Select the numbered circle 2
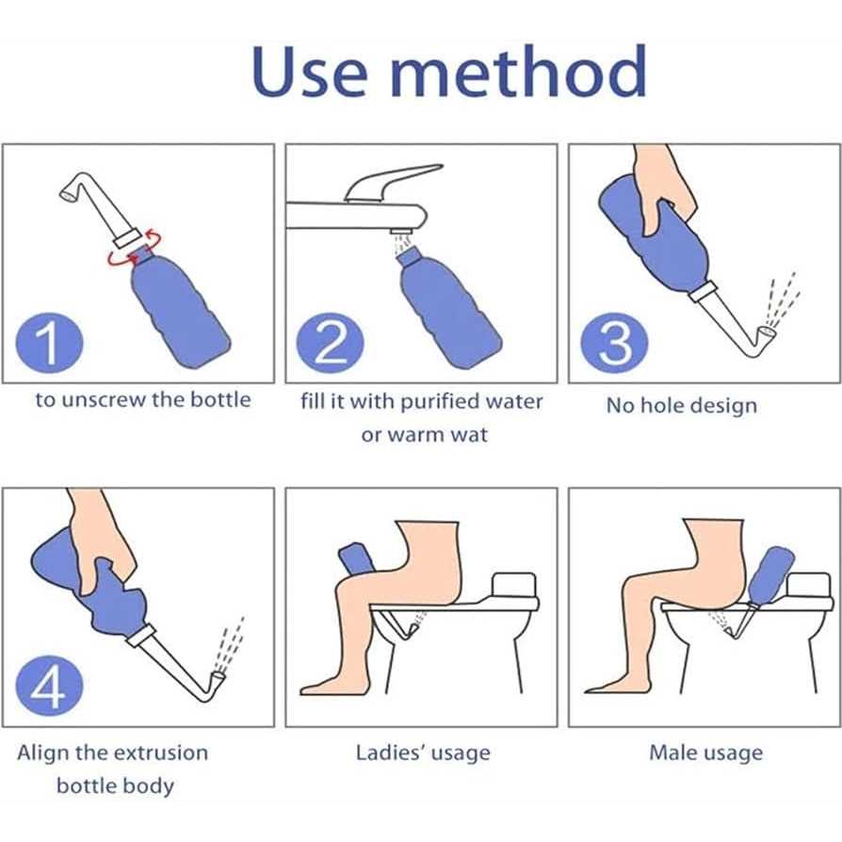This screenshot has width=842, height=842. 330,345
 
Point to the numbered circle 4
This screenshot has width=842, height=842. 46,688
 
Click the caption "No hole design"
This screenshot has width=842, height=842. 681,406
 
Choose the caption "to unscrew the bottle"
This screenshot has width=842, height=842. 143,399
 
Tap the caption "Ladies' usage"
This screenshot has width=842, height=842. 423,753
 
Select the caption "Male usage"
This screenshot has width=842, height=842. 704,753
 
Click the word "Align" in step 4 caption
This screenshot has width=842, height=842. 44,753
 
